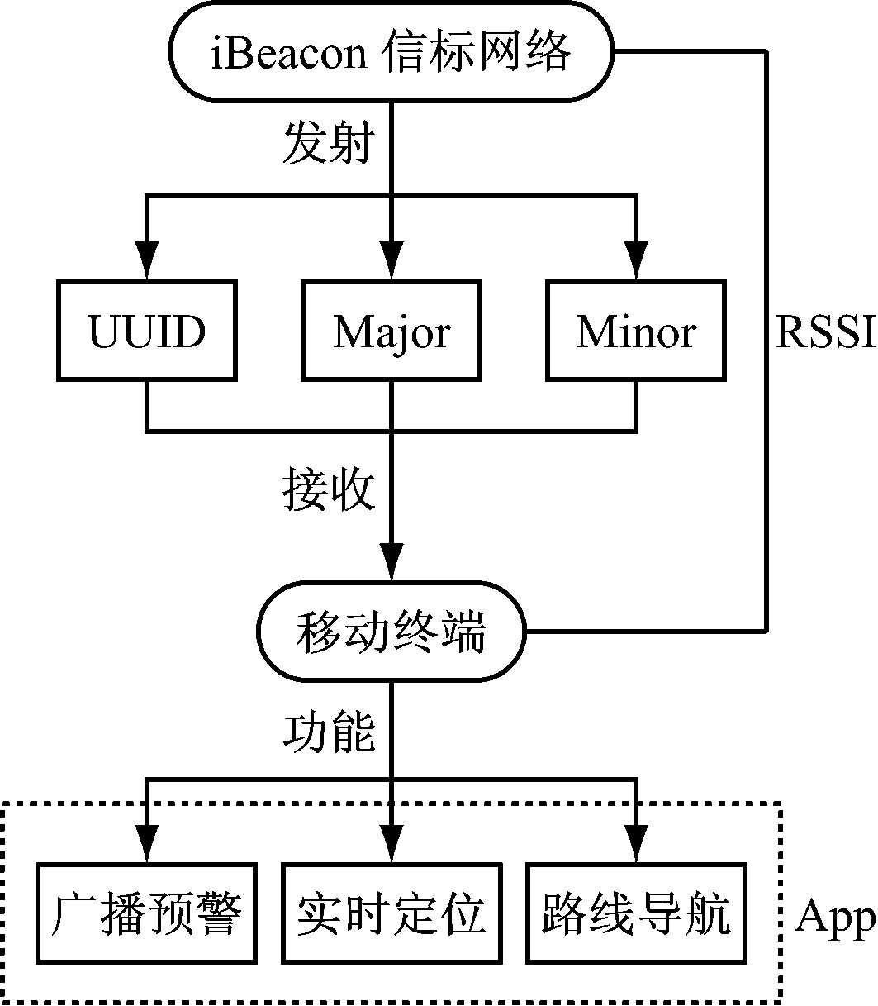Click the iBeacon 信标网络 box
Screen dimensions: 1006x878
pos(392,52)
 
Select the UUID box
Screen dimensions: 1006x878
pos(147,331)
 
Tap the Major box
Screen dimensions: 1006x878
pos(392,331)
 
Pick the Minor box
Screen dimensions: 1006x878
pos(636,331)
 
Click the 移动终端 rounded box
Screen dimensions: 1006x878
pos(392,633)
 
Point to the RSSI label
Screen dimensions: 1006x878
pos(824,332)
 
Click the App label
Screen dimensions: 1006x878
pos(834,916)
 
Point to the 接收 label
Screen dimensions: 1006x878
pos(329,490)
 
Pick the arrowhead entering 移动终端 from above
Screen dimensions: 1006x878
pos(392,562)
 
